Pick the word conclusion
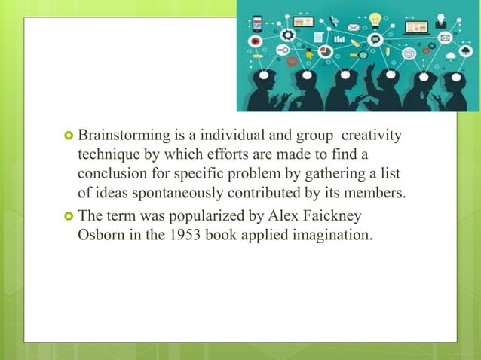point(114,174)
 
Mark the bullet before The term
point(67,216)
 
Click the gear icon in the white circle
point(286,35)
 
